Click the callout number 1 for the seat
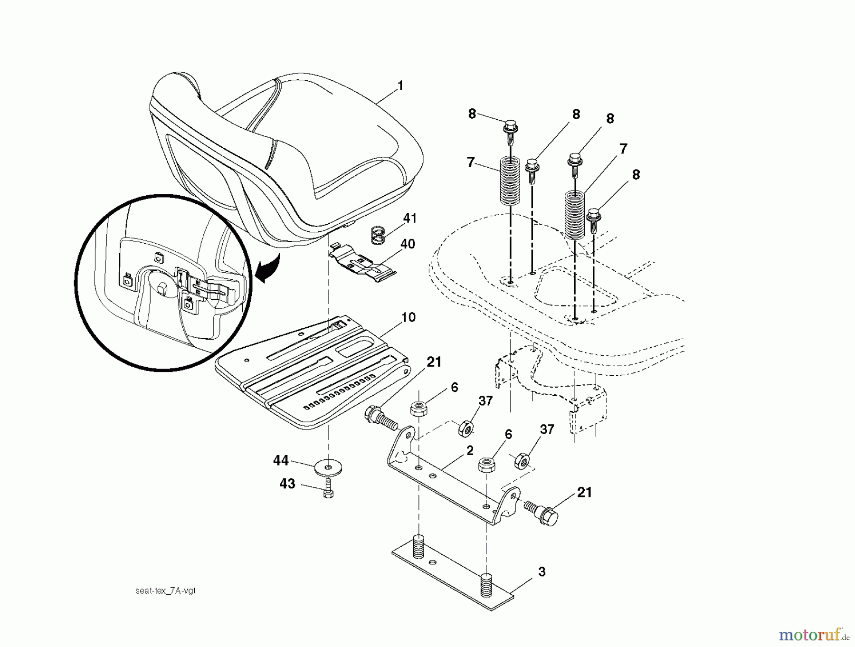[x=400, y=86]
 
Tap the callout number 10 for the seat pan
[x=408, y=317]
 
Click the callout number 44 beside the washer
[x=281, y=460]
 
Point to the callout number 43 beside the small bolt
[x=287, y=484]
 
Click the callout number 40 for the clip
[x=408, y=244]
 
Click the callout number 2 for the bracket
[x=470, y=451]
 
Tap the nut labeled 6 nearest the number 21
[x=417, y=409]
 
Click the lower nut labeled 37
[x=521, y=460]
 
